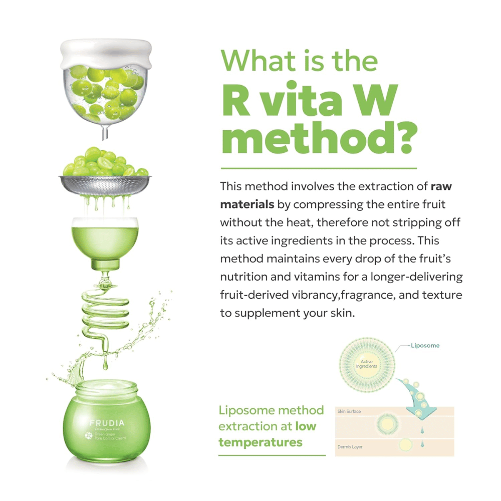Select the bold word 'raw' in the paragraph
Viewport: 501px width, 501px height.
[442, 187]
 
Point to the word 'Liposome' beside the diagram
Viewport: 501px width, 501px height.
[426, 346]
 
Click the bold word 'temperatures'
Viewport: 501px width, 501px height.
[261, 442]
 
